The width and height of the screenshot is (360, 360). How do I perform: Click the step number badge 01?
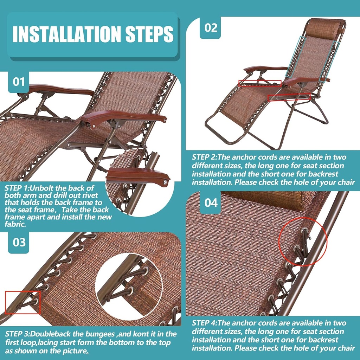coord(19,82)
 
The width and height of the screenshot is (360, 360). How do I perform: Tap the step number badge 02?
coord(211,28)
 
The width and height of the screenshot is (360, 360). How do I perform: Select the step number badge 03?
coord(19,242)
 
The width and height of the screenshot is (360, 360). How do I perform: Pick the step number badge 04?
coord(211,203)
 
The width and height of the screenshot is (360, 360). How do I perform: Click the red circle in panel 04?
coord(303,242)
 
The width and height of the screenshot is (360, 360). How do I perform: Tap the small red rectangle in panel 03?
coord(23,302)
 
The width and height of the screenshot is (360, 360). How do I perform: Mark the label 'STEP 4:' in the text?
coord(204,323)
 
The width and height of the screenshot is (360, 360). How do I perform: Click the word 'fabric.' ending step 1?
coord(15,224)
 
